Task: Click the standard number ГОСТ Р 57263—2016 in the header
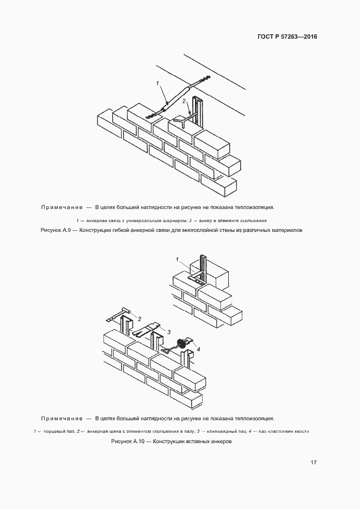tap(287, 37)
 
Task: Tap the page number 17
tap(314, 462)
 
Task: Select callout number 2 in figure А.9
tap(184, 101)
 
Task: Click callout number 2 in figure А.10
tap(139, 318)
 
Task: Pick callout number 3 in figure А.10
tap(169, 332)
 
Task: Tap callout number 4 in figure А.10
tap(198, 349)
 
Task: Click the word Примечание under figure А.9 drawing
tap(61, 207)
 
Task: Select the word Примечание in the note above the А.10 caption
tap(61, 419)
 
